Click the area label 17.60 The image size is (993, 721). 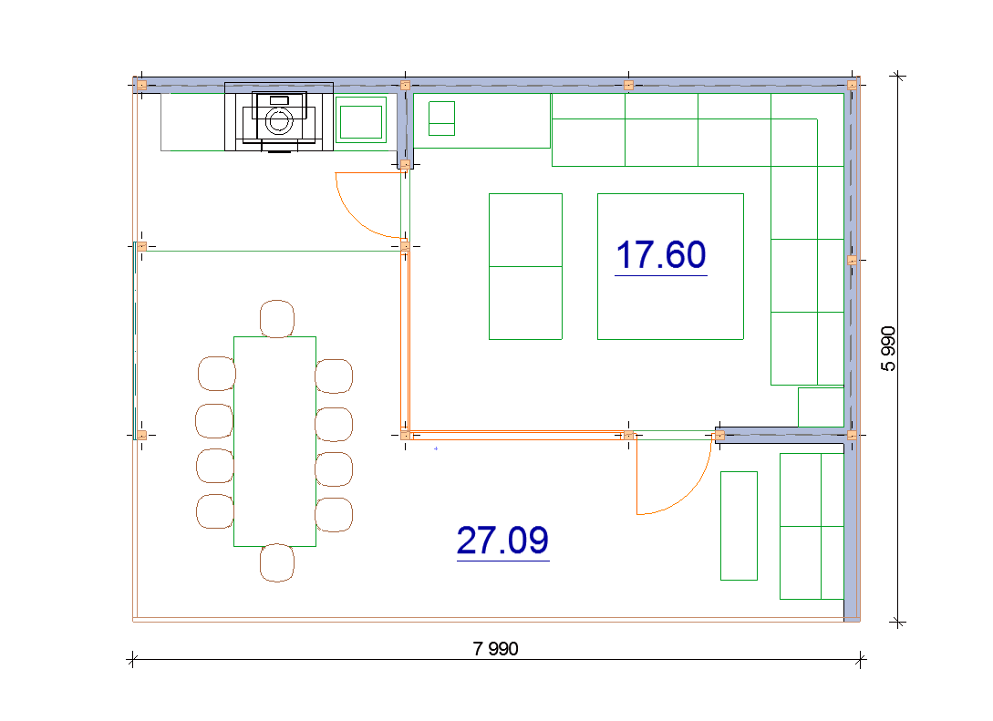point(660,255)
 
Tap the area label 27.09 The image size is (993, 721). point(502,541)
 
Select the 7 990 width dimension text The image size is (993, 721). point(495,649)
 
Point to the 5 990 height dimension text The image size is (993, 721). point(888,349)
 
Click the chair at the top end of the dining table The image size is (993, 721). point(277,318)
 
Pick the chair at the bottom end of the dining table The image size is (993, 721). point(277,562)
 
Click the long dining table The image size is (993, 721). point(274,441)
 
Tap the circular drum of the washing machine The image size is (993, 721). point(279,121)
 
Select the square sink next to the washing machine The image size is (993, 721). point(361,120)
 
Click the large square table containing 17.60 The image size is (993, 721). point(670,266)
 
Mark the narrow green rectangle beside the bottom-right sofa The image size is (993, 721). point(739,525)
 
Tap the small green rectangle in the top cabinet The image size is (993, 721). point(442,118)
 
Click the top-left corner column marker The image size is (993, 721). point(142,85)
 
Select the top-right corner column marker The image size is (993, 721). point(852,85)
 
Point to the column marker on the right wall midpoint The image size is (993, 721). point(852,260)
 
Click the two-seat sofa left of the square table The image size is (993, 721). point(525,266)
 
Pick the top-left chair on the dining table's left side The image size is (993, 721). point(217,374)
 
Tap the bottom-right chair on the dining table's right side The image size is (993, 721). point(334,515)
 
